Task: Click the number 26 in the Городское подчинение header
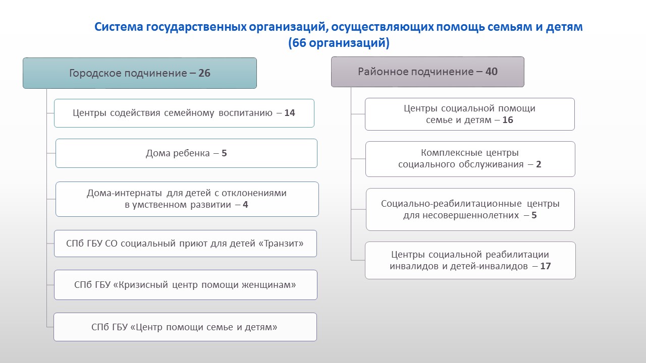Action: (204, 73)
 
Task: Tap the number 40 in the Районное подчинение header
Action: (492, 72)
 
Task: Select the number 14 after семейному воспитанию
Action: (290, 112)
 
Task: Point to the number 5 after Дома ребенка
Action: (224, 153)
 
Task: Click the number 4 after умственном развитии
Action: (245, 205)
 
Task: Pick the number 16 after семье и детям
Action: (508, 120)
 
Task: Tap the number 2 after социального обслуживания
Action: (539, 164)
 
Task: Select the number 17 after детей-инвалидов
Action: (546, 266)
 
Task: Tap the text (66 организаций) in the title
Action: (339, 43)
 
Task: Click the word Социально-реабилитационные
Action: (451, 203)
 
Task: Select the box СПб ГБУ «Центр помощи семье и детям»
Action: (185, 327)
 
